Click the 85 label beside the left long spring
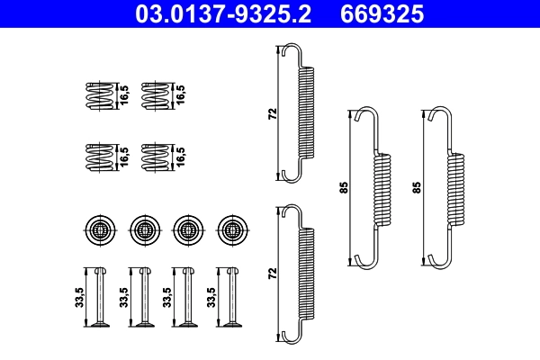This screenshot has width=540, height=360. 343,188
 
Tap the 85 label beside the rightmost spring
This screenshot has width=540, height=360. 417,188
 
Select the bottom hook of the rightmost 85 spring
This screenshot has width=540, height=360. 438,261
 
